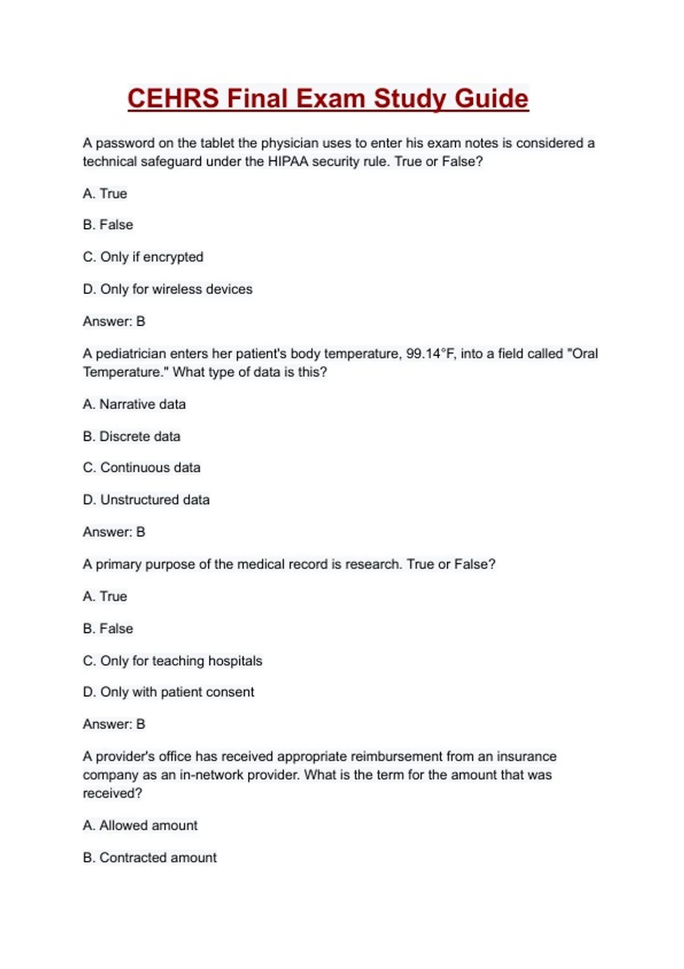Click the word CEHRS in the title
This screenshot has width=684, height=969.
pos(173,99)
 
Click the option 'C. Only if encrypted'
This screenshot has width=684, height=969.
pos(143,257)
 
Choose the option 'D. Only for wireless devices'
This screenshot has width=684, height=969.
pos(168,290)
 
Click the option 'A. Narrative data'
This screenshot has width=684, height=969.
pos(135,405)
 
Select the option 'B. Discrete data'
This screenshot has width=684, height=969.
pos(132,437)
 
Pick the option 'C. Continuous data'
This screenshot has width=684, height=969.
pos(142,468)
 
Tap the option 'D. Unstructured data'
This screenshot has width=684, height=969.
pos(146,500)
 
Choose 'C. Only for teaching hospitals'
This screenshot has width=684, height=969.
pos(173,661)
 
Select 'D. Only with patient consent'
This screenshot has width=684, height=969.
pos(169,692)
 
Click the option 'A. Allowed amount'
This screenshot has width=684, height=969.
pos(140,825)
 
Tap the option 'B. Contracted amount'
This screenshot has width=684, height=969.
pos(150,858)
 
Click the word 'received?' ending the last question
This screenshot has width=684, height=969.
pos(112,793)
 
